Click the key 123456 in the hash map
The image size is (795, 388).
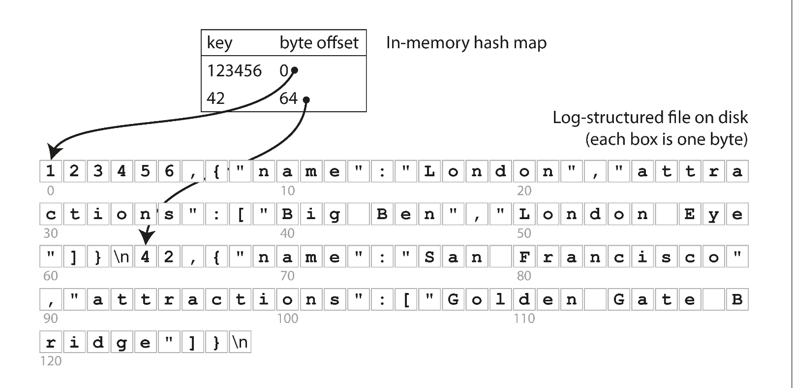tap(234, 71)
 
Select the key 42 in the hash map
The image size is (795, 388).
tap(215, 98)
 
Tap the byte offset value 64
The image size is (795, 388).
tap(288, 98)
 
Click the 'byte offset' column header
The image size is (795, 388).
tap(319, 43)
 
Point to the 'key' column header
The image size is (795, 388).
tap(219, 43)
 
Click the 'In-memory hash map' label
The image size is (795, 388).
tap(466, 43)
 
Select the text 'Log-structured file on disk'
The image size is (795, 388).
tap(650, 117)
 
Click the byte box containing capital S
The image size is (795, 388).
tap(429, 257)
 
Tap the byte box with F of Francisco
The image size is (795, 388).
tap(524, 257)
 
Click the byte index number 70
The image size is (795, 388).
tap(287, 276)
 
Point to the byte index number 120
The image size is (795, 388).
tap(51, 361)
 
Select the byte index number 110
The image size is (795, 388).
tap(524, 319)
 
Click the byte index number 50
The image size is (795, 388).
tap(524, 233)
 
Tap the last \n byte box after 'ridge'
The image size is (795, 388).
tap(240, 342)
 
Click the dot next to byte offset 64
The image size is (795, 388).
tap(306, 100)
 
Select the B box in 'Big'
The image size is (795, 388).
tap(287, 214)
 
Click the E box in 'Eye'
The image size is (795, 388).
tap(690, 214)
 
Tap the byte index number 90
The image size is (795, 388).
tap(51, 319)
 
